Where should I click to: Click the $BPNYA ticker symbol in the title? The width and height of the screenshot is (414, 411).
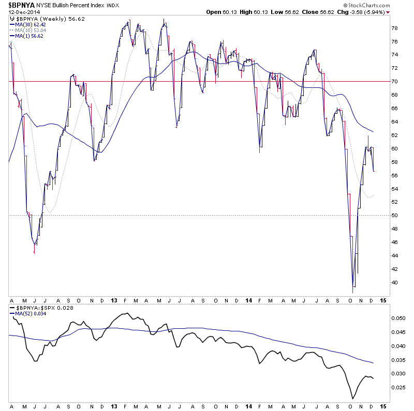(20, 4)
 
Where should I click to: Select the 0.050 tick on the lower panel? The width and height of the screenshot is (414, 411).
(398, 318)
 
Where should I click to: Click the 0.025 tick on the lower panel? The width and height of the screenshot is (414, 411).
(398, 387)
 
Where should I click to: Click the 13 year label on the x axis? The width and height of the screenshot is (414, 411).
(114, 300)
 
